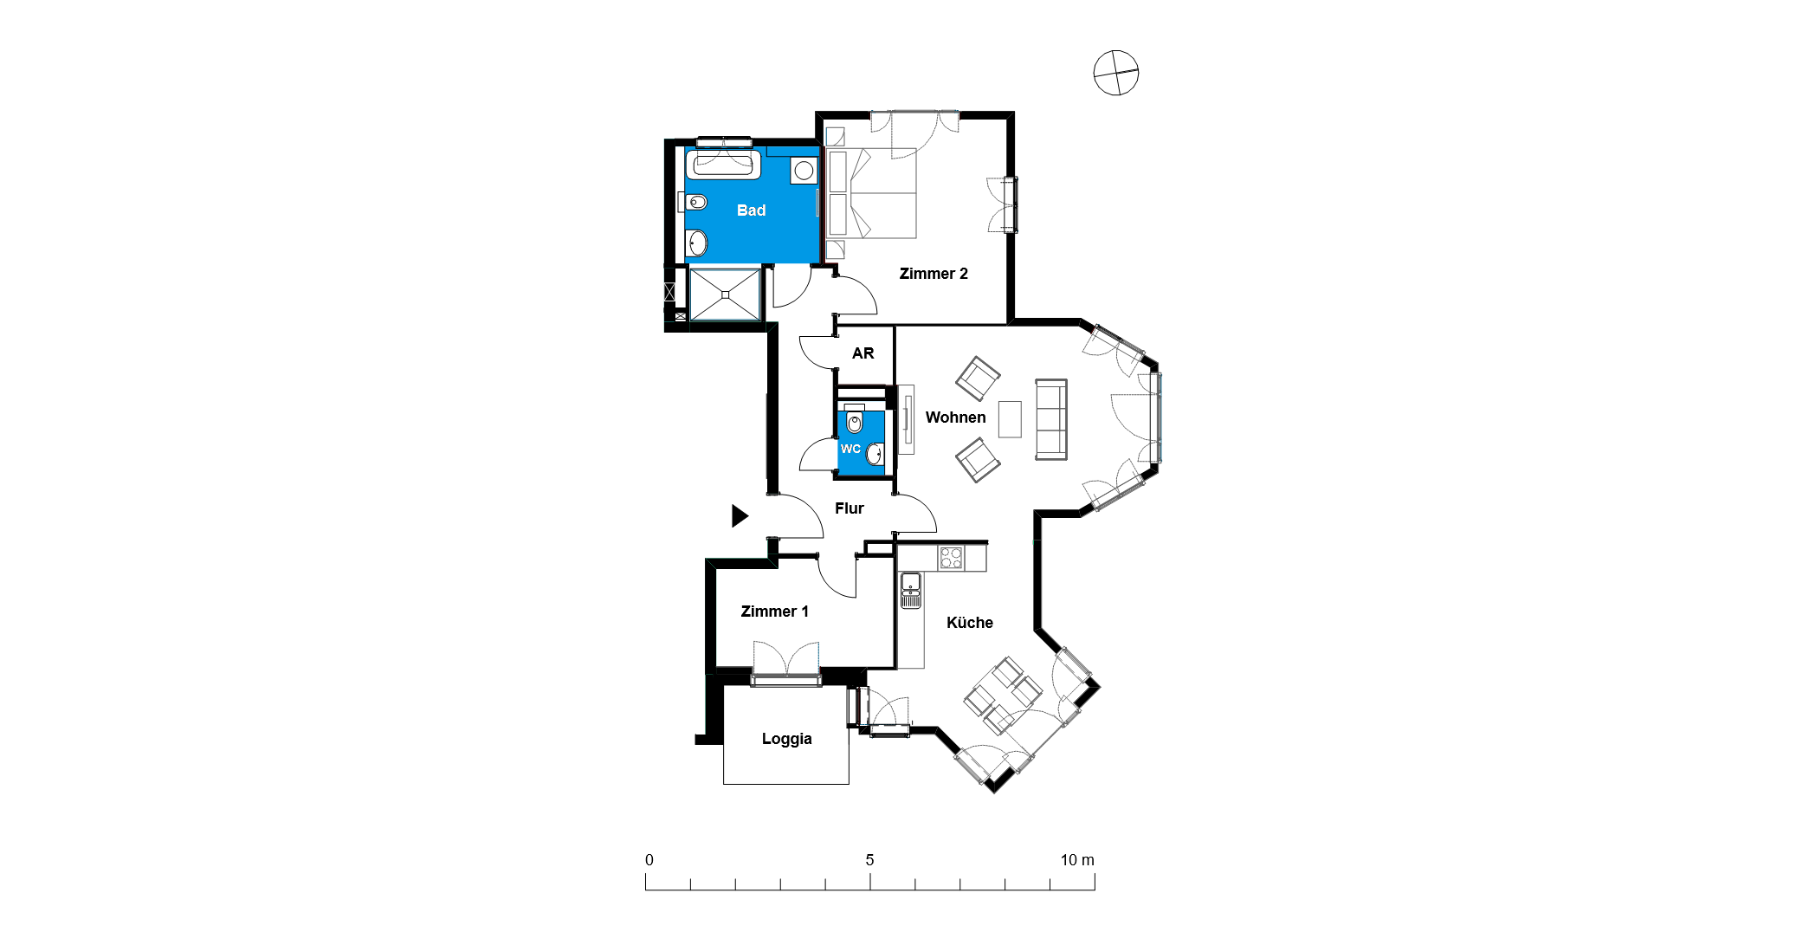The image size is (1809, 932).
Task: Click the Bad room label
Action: [x=751, y=210]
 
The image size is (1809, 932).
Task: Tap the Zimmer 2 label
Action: [x=934, y=274]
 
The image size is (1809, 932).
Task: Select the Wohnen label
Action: [x=955, y=417]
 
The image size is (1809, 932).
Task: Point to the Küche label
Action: [x=969, y=623]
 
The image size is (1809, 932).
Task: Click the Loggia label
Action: [x=786, y=739]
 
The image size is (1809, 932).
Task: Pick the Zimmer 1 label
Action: [x=774, y=612]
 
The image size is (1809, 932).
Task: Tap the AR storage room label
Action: [x=863, y=353]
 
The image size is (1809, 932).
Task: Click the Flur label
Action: [x=849, y=508]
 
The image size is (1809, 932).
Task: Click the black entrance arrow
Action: [x=740, y=516]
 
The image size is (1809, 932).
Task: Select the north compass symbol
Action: [x=1115, y=73]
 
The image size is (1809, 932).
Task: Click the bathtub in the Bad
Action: [x=723, y=165]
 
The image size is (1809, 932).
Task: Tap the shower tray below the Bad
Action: [x=725, y=294]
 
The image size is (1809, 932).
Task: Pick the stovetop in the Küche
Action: [x=951, y=558]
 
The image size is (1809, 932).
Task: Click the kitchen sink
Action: [x=910, y=590]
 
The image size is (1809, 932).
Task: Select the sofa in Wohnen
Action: [x=1051, y=419]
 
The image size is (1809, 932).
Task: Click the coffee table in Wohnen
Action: [x=1010, y=419]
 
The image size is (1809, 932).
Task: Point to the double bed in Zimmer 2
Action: [x=871, y=193]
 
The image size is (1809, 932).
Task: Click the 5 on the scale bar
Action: [x=869, y=860]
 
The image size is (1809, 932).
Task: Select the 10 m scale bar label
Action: [x=1077, y=860]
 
